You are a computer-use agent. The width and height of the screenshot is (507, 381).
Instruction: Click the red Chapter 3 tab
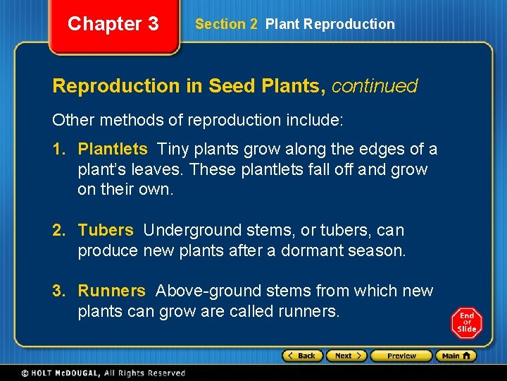[113, 24]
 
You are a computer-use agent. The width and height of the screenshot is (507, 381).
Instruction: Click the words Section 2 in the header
[226, 24]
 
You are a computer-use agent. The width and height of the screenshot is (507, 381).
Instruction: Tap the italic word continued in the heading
[374, 86]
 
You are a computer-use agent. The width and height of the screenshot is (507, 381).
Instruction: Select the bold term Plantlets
[113, 150]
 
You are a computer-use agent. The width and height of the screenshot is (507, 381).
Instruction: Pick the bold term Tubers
[106, 230]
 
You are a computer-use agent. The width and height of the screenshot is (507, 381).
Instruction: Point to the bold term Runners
[111, 291]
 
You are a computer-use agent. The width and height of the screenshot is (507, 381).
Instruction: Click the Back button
[303, 356]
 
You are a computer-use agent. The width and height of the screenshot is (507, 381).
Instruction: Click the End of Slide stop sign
[467, 322]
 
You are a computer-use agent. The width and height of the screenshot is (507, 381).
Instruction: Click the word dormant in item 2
[311, 250]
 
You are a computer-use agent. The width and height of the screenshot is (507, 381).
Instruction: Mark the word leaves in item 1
[159, 170]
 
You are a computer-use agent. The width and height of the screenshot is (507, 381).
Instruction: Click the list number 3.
[58, 291]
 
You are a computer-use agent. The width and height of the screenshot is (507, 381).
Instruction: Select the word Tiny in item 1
[173, 150]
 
